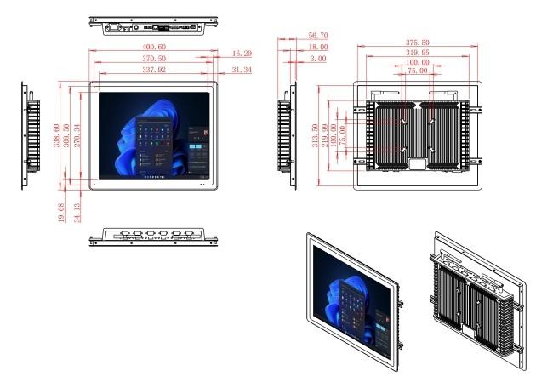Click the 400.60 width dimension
(x=154, y=47)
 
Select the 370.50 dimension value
(x=154, y=58)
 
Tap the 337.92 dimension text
(x=154, y=70)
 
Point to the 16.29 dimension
(x=242, y=54)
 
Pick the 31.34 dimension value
(x=242, y=70)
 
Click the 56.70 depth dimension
(x=318, y=36)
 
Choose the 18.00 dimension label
(x=318, y=47)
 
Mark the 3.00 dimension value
(x=318, y=58)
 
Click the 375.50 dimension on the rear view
(x=418, y=43)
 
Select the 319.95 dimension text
(x=418, y=53)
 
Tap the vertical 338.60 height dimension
(x=56, y=135)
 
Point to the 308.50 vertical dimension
(x=66, y=135)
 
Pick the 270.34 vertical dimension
(x=77, y=135)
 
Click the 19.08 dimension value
(x=61, y=213)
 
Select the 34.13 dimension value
(x=77, y=213)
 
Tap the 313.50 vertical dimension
(x=315, y=135)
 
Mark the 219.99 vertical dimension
(x=325, y=135)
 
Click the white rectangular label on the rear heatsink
(x=418, y=164)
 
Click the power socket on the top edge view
(x=114, y=27)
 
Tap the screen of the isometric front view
(x=352, y=302)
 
